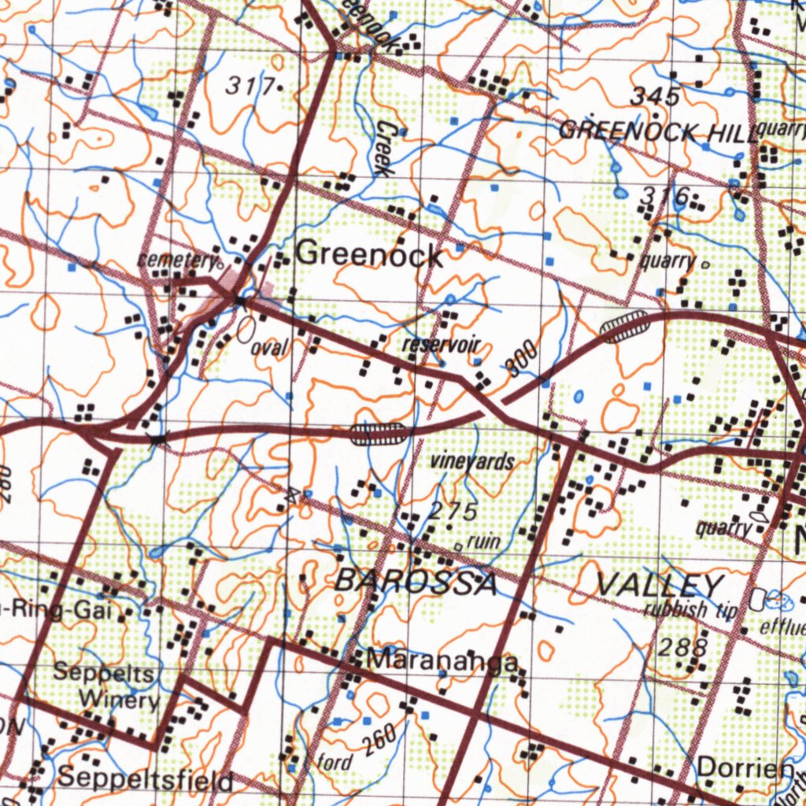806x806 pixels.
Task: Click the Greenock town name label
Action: pyautogui.click(x=368, y=253)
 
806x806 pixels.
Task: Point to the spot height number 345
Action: pyautogui.click(x=655, y=97)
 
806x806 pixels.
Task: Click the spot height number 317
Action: pyautogui.click(x=250, y=86)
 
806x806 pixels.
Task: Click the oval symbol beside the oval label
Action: pyautogui.click(x=246, y=330)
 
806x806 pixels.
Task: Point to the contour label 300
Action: pyautogui.click(x=523, y=359)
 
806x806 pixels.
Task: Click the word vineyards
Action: pyautogui.click(x=471, y=462)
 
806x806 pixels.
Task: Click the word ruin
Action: pyautogui.click(x=482, y=542)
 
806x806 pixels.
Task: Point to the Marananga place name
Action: pyautogui.click(x=443, y=660)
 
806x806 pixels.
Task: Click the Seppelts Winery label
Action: pyautogui.click(x=107, y=686)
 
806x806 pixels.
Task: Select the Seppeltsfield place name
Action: pyautogui.click(x=145, y=779)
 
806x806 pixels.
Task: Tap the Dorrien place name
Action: pyautogui.click(x=745, y=767)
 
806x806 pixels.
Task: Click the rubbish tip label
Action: pyautogui.click(x=690, y=609)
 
